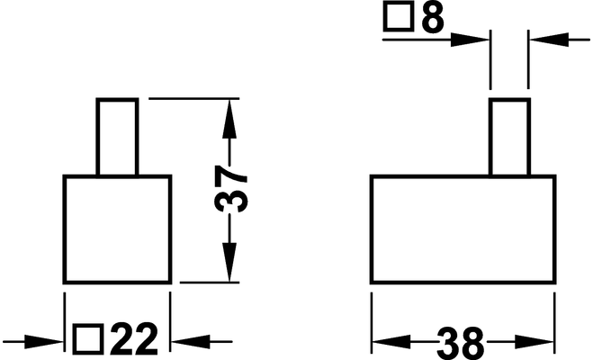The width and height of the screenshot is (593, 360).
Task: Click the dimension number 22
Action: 133,339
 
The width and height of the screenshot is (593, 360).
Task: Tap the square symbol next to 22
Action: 88,339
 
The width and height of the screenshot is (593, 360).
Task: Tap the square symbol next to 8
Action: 398,18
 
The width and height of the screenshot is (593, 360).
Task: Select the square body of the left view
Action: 116,229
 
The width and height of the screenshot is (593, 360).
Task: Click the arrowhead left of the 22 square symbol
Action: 50,340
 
